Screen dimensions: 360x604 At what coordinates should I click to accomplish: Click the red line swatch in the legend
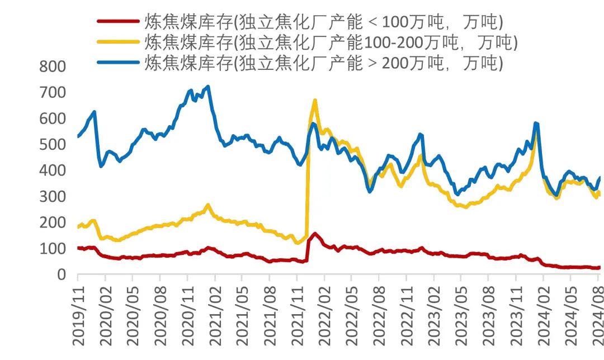coord(118,22)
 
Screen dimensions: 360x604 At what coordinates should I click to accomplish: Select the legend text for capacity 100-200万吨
coord(330,42)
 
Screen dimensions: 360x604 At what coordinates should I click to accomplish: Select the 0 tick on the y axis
coord(61,274)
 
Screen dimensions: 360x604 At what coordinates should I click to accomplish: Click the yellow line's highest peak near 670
coord(315,101)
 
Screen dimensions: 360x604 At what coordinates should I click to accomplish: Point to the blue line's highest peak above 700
coord(208,87)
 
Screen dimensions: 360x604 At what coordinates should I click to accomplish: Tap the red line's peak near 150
coord(315,234)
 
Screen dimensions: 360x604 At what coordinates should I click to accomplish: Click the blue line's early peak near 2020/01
coord(94,112)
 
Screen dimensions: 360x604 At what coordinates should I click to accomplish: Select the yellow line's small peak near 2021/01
coord(208,205)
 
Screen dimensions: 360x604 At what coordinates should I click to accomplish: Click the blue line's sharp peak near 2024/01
coord(536,123)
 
